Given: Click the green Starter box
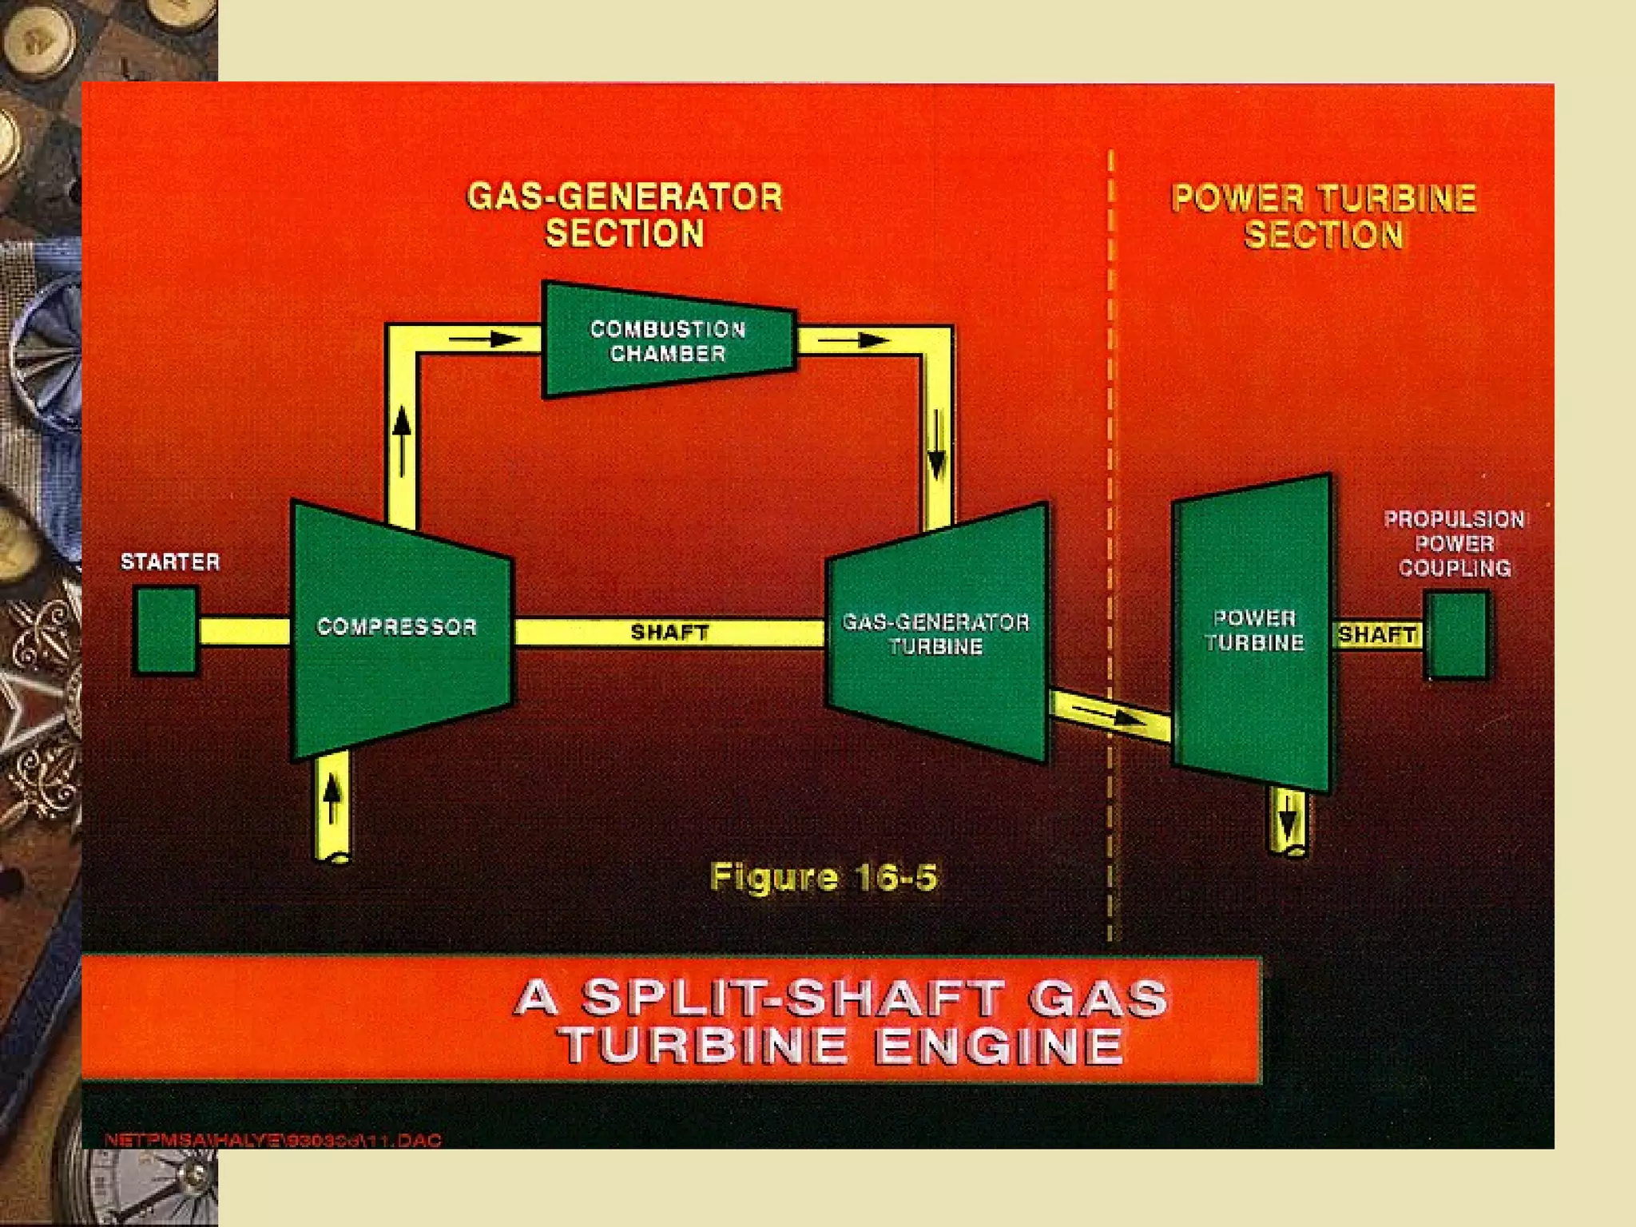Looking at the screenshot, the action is click(165, 630).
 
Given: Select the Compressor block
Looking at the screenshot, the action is click(397, 628).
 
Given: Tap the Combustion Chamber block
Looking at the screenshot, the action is click(668, 340).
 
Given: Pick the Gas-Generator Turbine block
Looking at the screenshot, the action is click(936, 634).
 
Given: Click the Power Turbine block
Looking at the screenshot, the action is click(1253, 631).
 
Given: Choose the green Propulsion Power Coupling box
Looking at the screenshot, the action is click(1457, 635).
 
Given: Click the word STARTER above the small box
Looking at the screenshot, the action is click(170, 562).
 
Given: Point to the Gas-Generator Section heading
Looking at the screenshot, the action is click(625, 215).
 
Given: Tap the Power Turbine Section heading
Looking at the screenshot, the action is click(1324, 216).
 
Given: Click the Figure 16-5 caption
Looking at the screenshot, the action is click(824, 877).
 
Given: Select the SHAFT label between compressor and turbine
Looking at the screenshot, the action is click(669, 633).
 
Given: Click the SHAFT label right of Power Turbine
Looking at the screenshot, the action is click(1376, 635).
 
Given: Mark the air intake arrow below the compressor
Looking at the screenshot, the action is click(333, 799).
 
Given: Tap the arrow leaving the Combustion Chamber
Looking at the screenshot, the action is click(854, 341).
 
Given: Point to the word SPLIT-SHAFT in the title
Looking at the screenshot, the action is click(791, 999).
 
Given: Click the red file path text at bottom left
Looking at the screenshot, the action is click(272, 1140).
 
